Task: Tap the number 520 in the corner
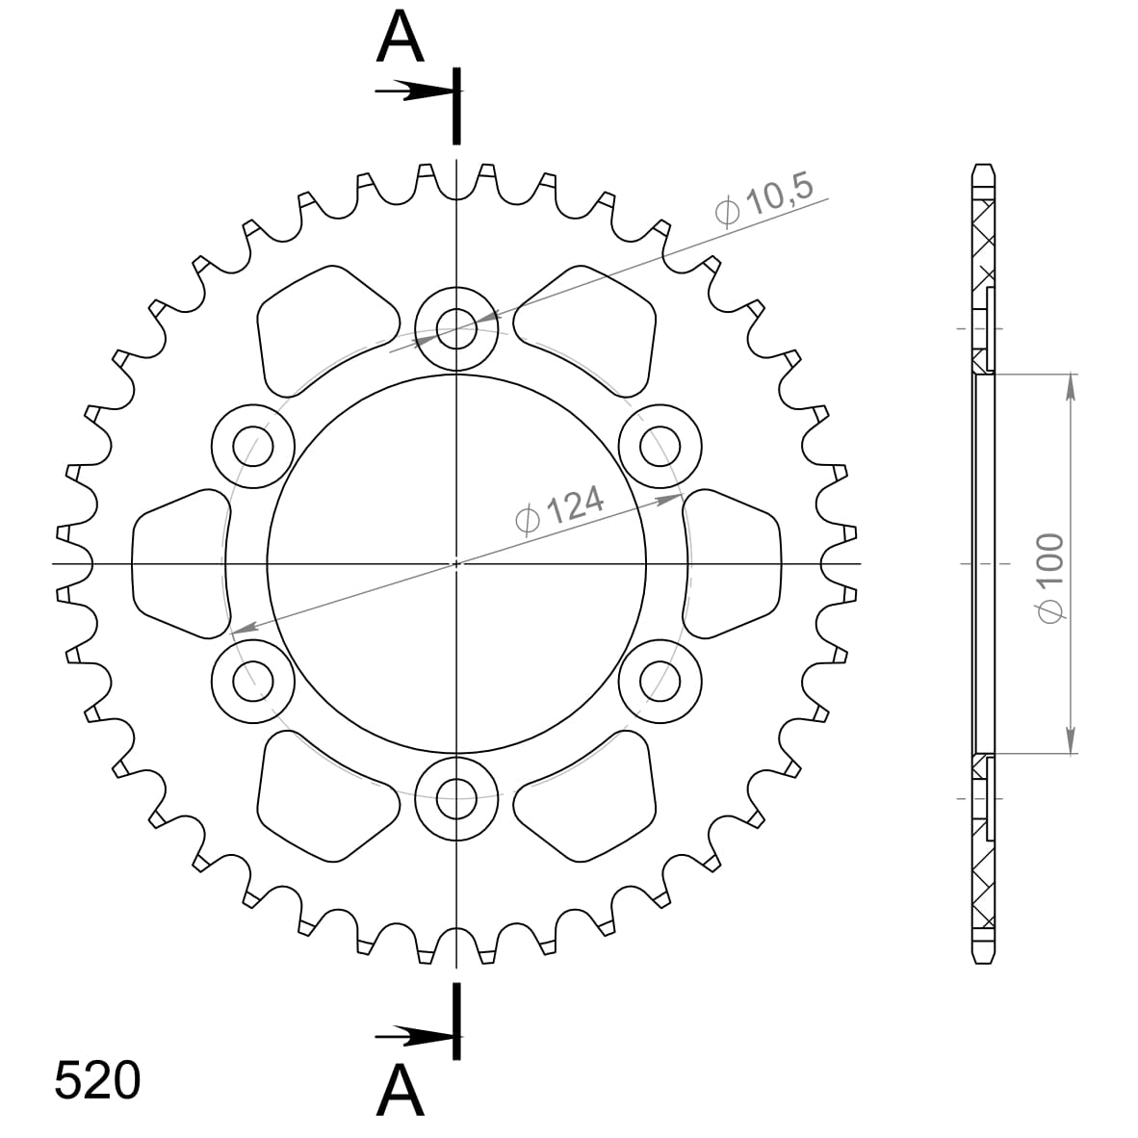tap(97, 1079)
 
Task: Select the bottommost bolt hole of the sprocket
tap(456, 795)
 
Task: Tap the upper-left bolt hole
tap(252, 446)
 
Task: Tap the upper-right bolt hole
tap(660, 446)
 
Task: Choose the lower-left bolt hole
tap(252, 680)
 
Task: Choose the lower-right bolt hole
tap(660, 680)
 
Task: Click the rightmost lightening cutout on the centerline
tap(734, 563)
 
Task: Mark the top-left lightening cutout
tap(323, 327)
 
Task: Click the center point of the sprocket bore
tap(456, 563)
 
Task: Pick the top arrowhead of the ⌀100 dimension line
tap(1070, 386)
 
